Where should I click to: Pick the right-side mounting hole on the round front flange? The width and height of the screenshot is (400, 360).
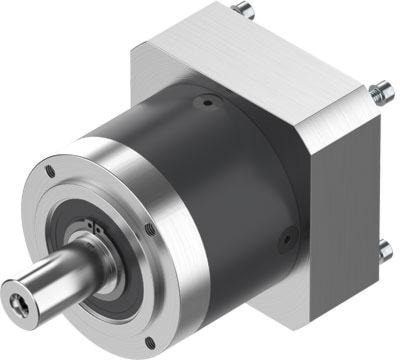pyautogui.click(x=151, y=231)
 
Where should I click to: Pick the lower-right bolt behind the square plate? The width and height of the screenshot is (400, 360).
pyautogui.click(x=383, y=253)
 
